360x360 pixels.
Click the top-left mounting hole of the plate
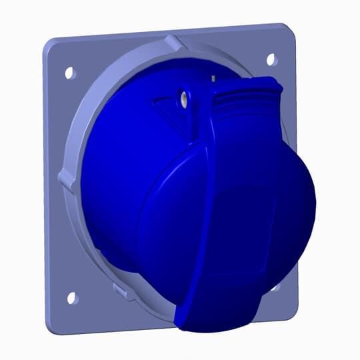tap(70, 73)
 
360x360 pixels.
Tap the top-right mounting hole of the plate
tap(271, 59)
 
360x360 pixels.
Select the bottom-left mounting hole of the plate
tap(72, 298)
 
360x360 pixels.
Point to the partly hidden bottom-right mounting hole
tap(275, 287)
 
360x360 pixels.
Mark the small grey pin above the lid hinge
tap(213, 78)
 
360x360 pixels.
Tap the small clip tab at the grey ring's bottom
tap(121, 291)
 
